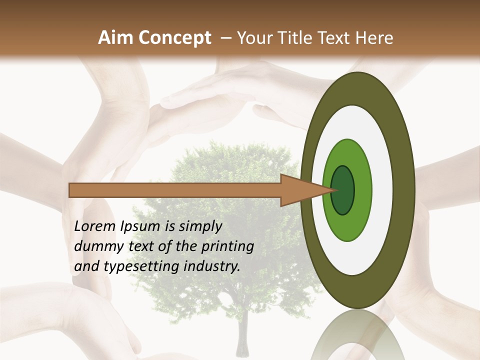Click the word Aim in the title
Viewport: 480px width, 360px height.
pos(116,37)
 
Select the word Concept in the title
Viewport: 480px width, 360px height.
pos(174,38)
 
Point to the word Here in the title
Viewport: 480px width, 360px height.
pos(375,37)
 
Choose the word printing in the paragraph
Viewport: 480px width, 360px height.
pos(228,247)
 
